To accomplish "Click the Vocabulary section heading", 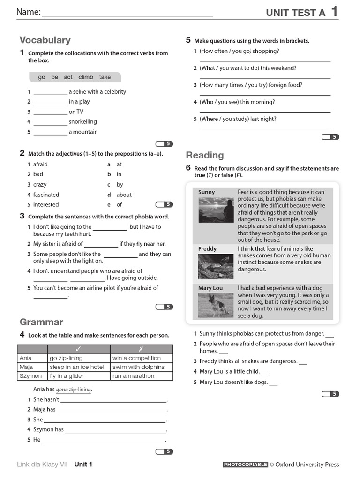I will click(45, 40).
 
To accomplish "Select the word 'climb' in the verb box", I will click(86, 77).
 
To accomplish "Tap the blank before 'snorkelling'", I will click(51, 122).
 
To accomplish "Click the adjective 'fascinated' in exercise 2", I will click(46, 195).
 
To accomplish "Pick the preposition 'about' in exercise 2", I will click(124, 195).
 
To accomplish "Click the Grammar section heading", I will click(41, 322).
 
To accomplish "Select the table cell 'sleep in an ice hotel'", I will click(77, 367).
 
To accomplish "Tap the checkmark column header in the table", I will click(78, 349).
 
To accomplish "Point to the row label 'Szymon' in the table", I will click(30, 376).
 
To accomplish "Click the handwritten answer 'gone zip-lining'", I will click(74, 390).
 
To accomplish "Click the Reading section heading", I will click(205, 155).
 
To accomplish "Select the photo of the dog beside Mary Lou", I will click(216, 305).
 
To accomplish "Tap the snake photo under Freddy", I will click(216, 266).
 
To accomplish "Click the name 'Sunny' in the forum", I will click(207, 192).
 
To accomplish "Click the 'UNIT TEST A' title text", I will click(295, 13).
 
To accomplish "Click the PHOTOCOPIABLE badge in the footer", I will click(245, 465).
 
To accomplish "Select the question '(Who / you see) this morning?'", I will click(237, 102).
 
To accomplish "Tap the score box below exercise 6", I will click(330, 394).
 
